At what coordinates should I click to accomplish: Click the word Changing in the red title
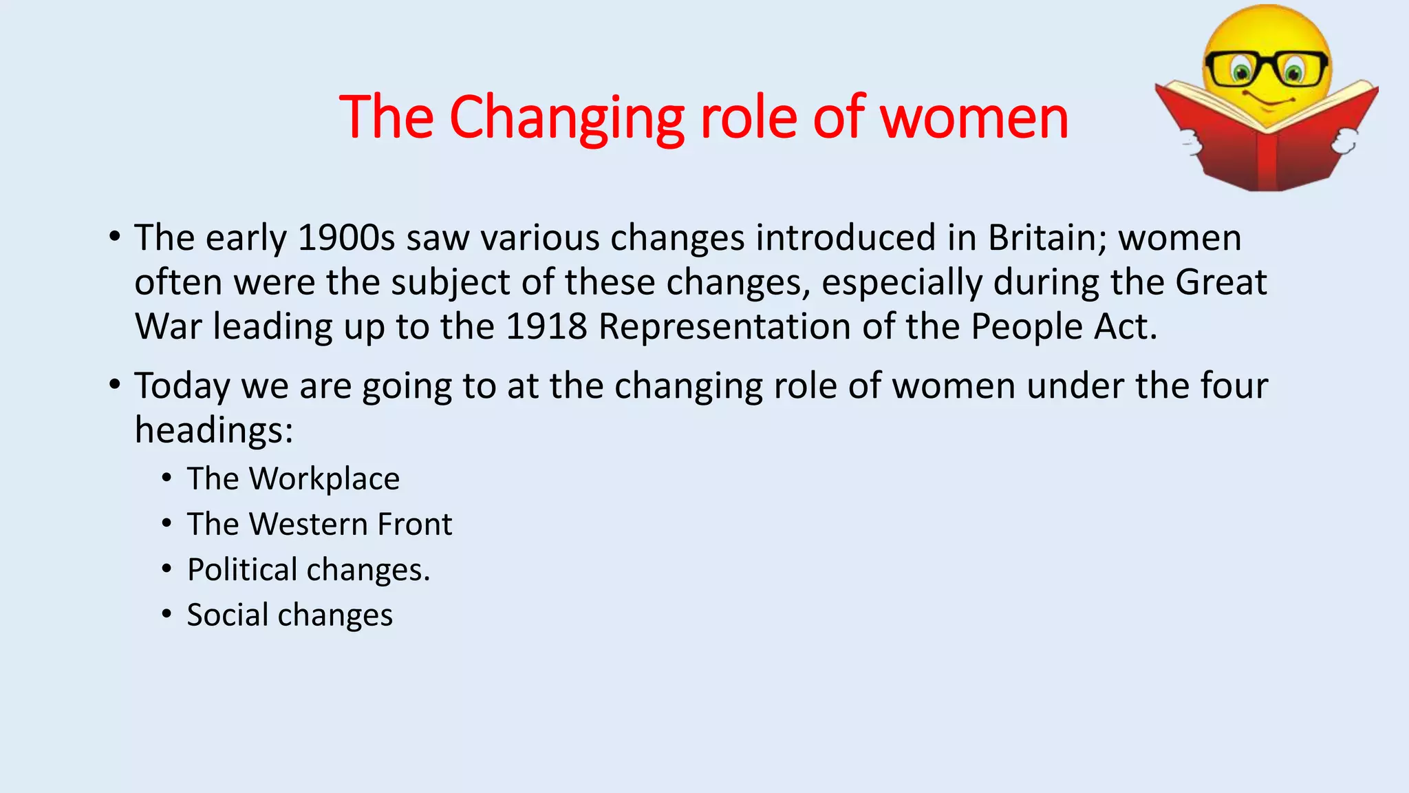567,118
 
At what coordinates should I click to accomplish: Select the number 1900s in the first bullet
346,238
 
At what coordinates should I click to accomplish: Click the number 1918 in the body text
546,327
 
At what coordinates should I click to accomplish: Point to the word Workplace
324,479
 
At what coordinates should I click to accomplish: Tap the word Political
242,570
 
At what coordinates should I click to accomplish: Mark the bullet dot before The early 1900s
114,237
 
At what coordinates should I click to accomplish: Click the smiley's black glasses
1266,67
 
